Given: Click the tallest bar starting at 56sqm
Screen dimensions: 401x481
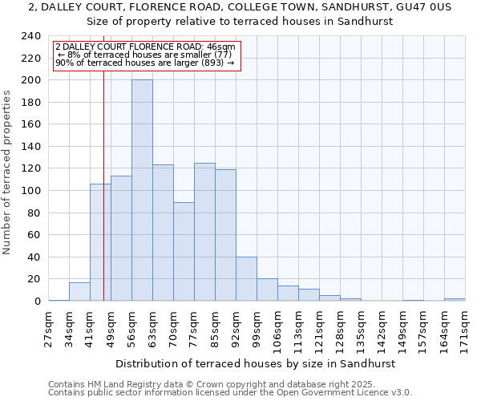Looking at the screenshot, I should (142, 191).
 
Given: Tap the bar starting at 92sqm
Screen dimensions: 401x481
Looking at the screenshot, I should (246, 279).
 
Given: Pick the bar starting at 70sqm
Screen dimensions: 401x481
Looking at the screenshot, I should (184, 252).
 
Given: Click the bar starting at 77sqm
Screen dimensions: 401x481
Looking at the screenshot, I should (204, 233).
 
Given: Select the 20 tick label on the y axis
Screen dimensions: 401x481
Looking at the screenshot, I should (35, 279).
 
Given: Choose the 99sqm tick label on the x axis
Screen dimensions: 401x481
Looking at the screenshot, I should (257, 327).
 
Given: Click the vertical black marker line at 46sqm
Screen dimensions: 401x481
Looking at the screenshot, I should (103, 200).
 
